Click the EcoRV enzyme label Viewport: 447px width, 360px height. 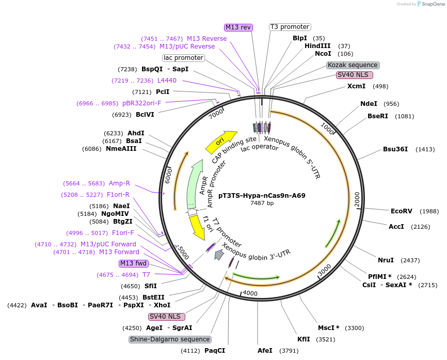(x=401, y=211)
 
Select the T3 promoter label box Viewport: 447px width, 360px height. (x=290, y=27)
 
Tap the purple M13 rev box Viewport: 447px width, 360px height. (x=238, y=27)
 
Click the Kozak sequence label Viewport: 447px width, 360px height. (x=353, y=65)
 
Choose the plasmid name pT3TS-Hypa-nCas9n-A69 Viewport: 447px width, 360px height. (x=262, y=196)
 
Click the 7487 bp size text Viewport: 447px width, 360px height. (x=262, y=203)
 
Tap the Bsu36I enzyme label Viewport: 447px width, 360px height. (x=395, y=149)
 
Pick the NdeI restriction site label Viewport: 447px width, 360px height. (x=369, y=104)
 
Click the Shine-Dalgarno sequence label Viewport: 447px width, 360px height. (x=170, y=339)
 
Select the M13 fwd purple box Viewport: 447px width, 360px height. (x=133, y=263)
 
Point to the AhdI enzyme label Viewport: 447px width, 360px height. (x=136, y=133)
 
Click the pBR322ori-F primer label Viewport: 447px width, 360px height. (x=141, y=103)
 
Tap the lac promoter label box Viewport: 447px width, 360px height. (x=183, y=58)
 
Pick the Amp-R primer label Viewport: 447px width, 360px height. (x=119, y=183)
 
